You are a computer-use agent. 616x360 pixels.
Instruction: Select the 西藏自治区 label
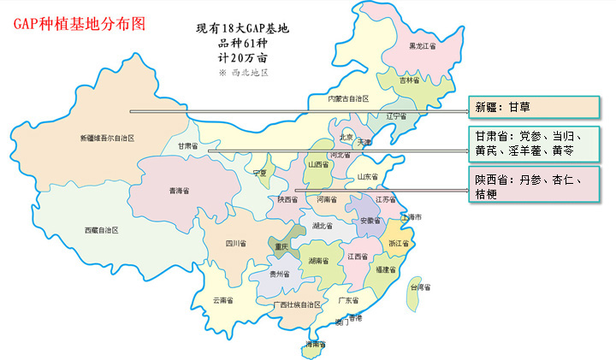(x=101, y=231)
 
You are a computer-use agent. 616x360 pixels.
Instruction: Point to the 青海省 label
(x=180, y=190)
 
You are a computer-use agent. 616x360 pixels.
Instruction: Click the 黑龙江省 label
(x=423, y=46)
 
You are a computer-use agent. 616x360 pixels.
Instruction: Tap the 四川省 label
(x=235, y=244)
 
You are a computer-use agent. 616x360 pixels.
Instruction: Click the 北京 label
(x=346, y=136)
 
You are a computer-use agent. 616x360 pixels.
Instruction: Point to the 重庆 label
(x=282, y=247)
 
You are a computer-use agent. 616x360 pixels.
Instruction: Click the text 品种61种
(x=243, y=44)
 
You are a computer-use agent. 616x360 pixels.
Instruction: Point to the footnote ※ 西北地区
(x=243, y=73)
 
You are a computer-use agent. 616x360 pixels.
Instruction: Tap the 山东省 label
(x=365, y=177)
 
